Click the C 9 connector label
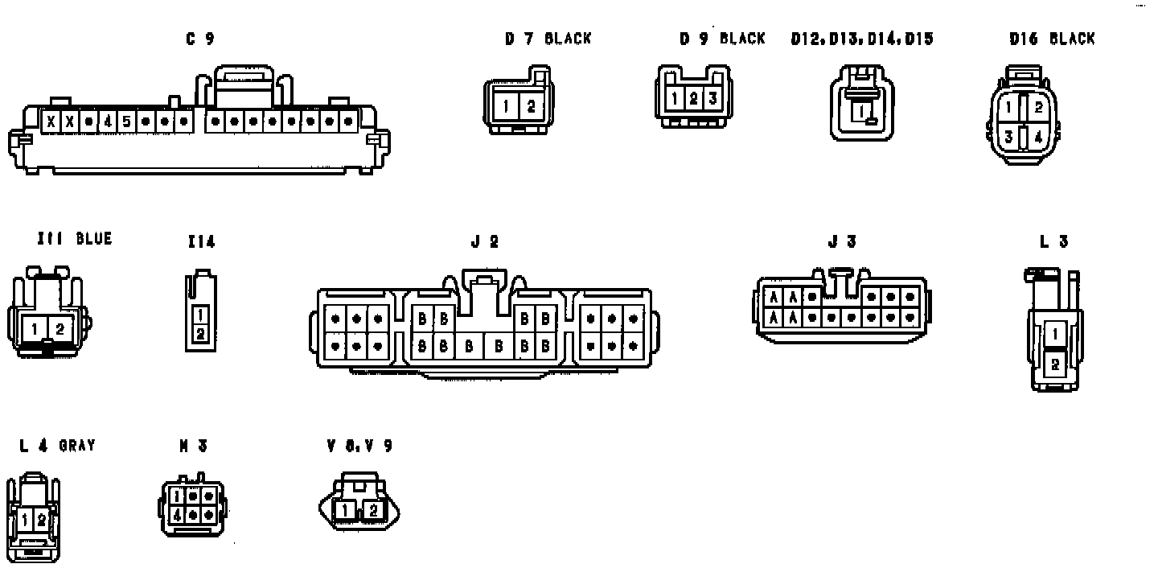click(200, 39)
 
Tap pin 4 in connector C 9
click(108, 121)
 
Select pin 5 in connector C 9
click(126, 121)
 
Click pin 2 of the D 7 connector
click(530, 107)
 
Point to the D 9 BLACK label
click(722, 39)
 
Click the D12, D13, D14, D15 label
click(862, 39)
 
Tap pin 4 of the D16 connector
click(1038, 137)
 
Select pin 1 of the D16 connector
click(1008, 106)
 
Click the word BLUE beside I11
click(94, 239)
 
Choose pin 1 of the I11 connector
click(35, 329)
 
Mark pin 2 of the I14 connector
click(200, 332)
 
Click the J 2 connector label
click(484, 241)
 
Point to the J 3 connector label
click(842, 241)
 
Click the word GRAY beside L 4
click(77, 445)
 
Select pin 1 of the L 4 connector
click(25, 520)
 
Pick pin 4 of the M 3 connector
click(176, 513)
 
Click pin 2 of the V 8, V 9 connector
click(372, 510)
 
